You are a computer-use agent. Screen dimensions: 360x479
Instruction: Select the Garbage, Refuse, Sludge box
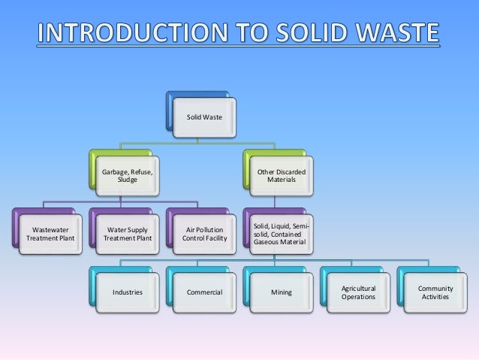(x=128, y=177)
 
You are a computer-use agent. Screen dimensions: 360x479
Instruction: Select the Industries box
(x=127, y=292)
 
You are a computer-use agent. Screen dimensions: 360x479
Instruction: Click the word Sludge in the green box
(x=128, y=181)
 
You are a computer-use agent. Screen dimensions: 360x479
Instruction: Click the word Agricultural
(x=358, y=288)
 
